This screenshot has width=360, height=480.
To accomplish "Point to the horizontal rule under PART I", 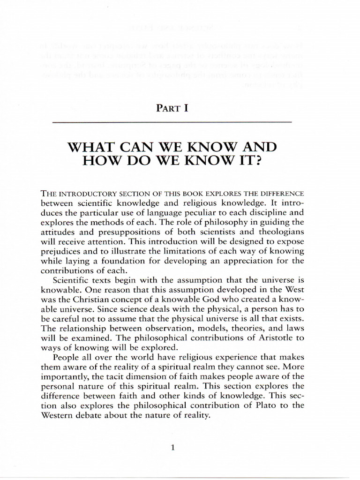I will coord(172,122).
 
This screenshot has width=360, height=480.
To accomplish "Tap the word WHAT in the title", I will coord(90,148).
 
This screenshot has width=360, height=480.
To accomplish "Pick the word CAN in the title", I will coord(137,148).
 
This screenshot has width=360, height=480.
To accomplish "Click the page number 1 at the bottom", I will coord(173,448).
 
